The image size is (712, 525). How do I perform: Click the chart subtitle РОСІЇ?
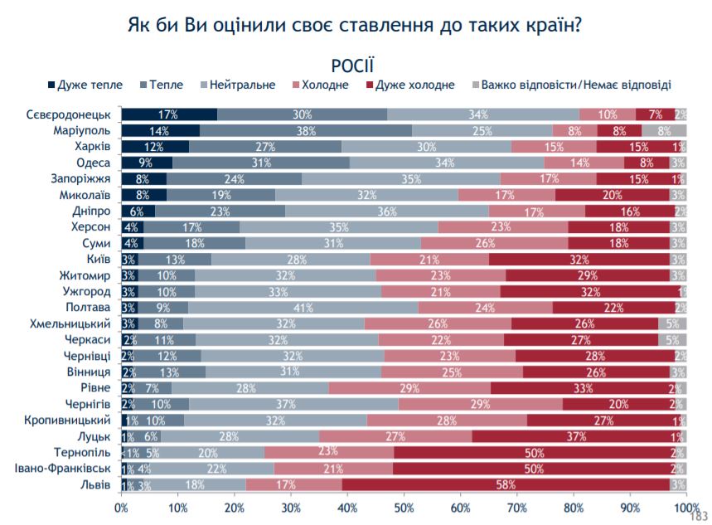pyautogui.click(x=354, y=64)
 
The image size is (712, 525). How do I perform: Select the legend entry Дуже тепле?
pyautogui.click(x=90, y=85)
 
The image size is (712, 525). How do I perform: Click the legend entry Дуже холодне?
pyautogui.click(x=415, y=85)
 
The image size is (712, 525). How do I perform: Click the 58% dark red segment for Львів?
pyautogui.click(x=506, y=485)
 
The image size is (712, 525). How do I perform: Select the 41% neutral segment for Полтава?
pyautogui.click(x=326, y=308)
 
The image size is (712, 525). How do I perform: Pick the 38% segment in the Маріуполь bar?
pyautogui.click(x=306, y=130)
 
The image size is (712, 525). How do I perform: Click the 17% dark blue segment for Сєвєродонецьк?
pyautogui.click(x=170, y=114)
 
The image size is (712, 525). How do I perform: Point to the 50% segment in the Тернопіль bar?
pyautogui.click(x=534, y=453)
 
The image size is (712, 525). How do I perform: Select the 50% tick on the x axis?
pyautogui.click(x=404, y=507)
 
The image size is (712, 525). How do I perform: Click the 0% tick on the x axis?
pyautogui.click(x=122, y=507)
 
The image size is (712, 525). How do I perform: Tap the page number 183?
pyautogui.click(x=700, y=515)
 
